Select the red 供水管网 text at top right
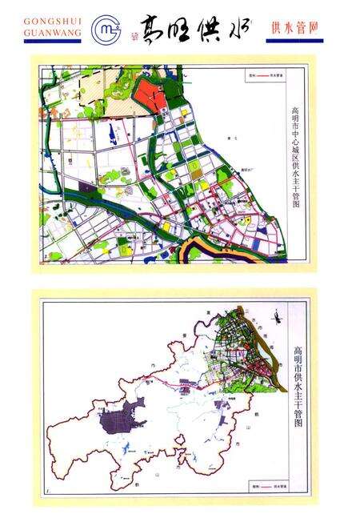[294, 27]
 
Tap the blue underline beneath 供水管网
[294, 40]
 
